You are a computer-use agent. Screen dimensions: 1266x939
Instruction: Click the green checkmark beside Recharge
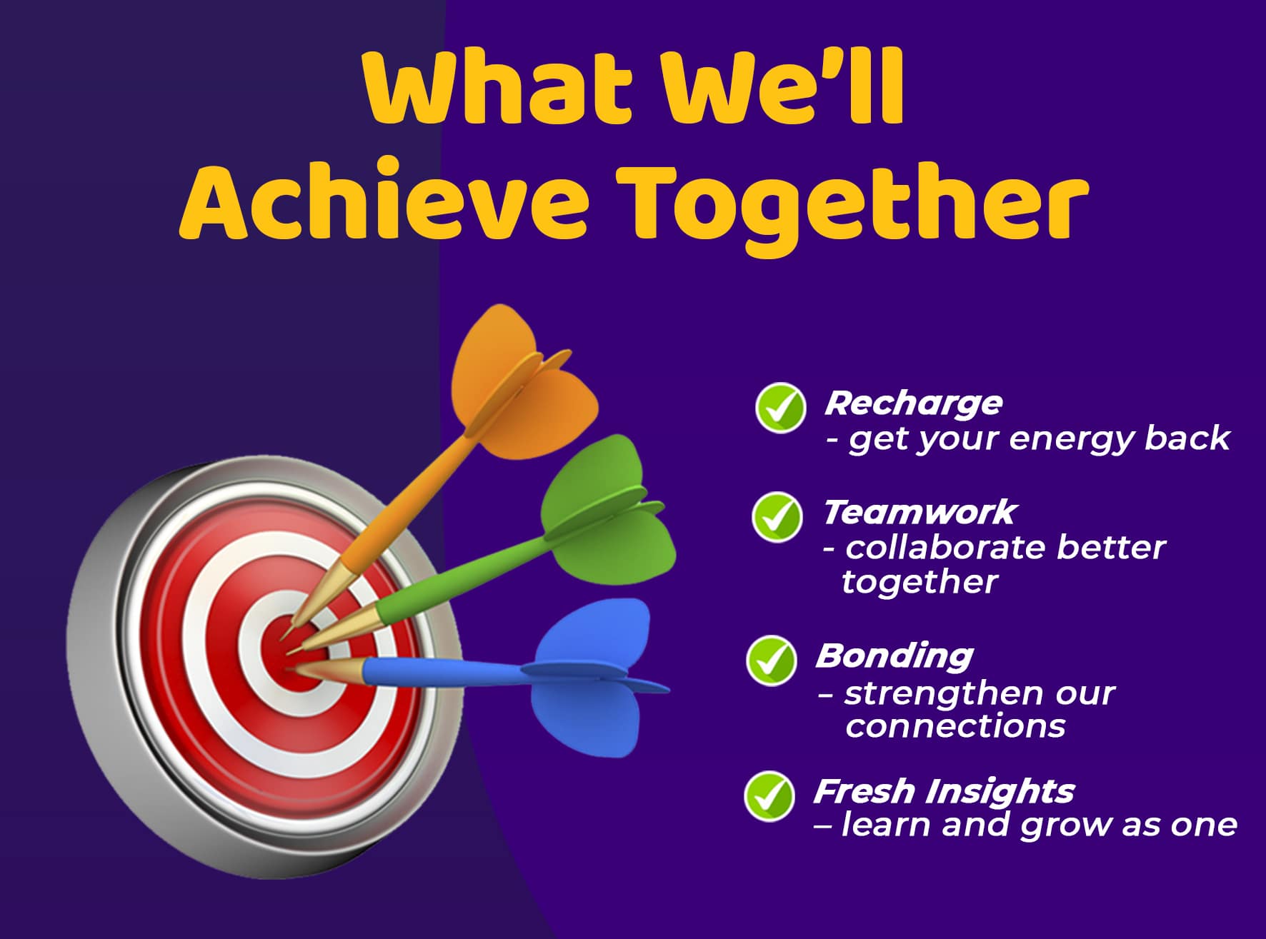tap(780, 408)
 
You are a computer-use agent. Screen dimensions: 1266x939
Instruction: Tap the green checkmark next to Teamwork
tap(777, 516)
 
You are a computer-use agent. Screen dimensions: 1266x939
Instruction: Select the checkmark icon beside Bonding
tap(771, 660)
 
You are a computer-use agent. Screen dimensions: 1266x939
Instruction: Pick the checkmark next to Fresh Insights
tap(769, 795)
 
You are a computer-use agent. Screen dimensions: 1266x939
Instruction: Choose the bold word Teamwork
tap(919, 512)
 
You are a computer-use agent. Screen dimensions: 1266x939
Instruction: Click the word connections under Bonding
tap(955, 726)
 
